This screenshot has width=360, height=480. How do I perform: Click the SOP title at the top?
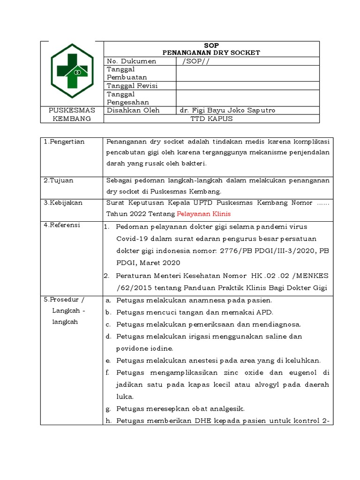click(x=211, y=45)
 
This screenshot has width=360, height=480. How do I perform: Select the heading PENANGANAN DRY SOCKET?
click(x=211, y=52)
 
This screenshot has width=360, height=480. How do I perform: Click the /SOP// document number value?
click(x=196, y=61)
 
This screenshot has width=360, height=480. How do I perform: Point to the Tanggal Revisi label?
click(x=132, y=86)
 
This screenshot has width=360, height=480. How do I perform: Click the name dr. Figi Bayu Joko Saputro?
click(x=227, y=110)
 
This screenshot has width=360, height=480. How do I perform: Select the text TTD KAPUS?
click(x=211, y=119)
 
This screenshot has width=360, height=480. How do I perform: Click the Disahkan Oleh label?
click(x=133, y=110)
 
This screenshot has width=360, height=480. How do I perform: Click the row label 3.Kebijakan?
click(x=63, y=202)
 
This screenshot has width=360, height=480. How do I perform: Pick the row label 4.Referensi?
click(x=62, y=225)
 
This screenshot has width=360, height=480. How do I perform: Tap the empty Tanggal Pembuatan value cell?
click(x=247, y=73)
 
